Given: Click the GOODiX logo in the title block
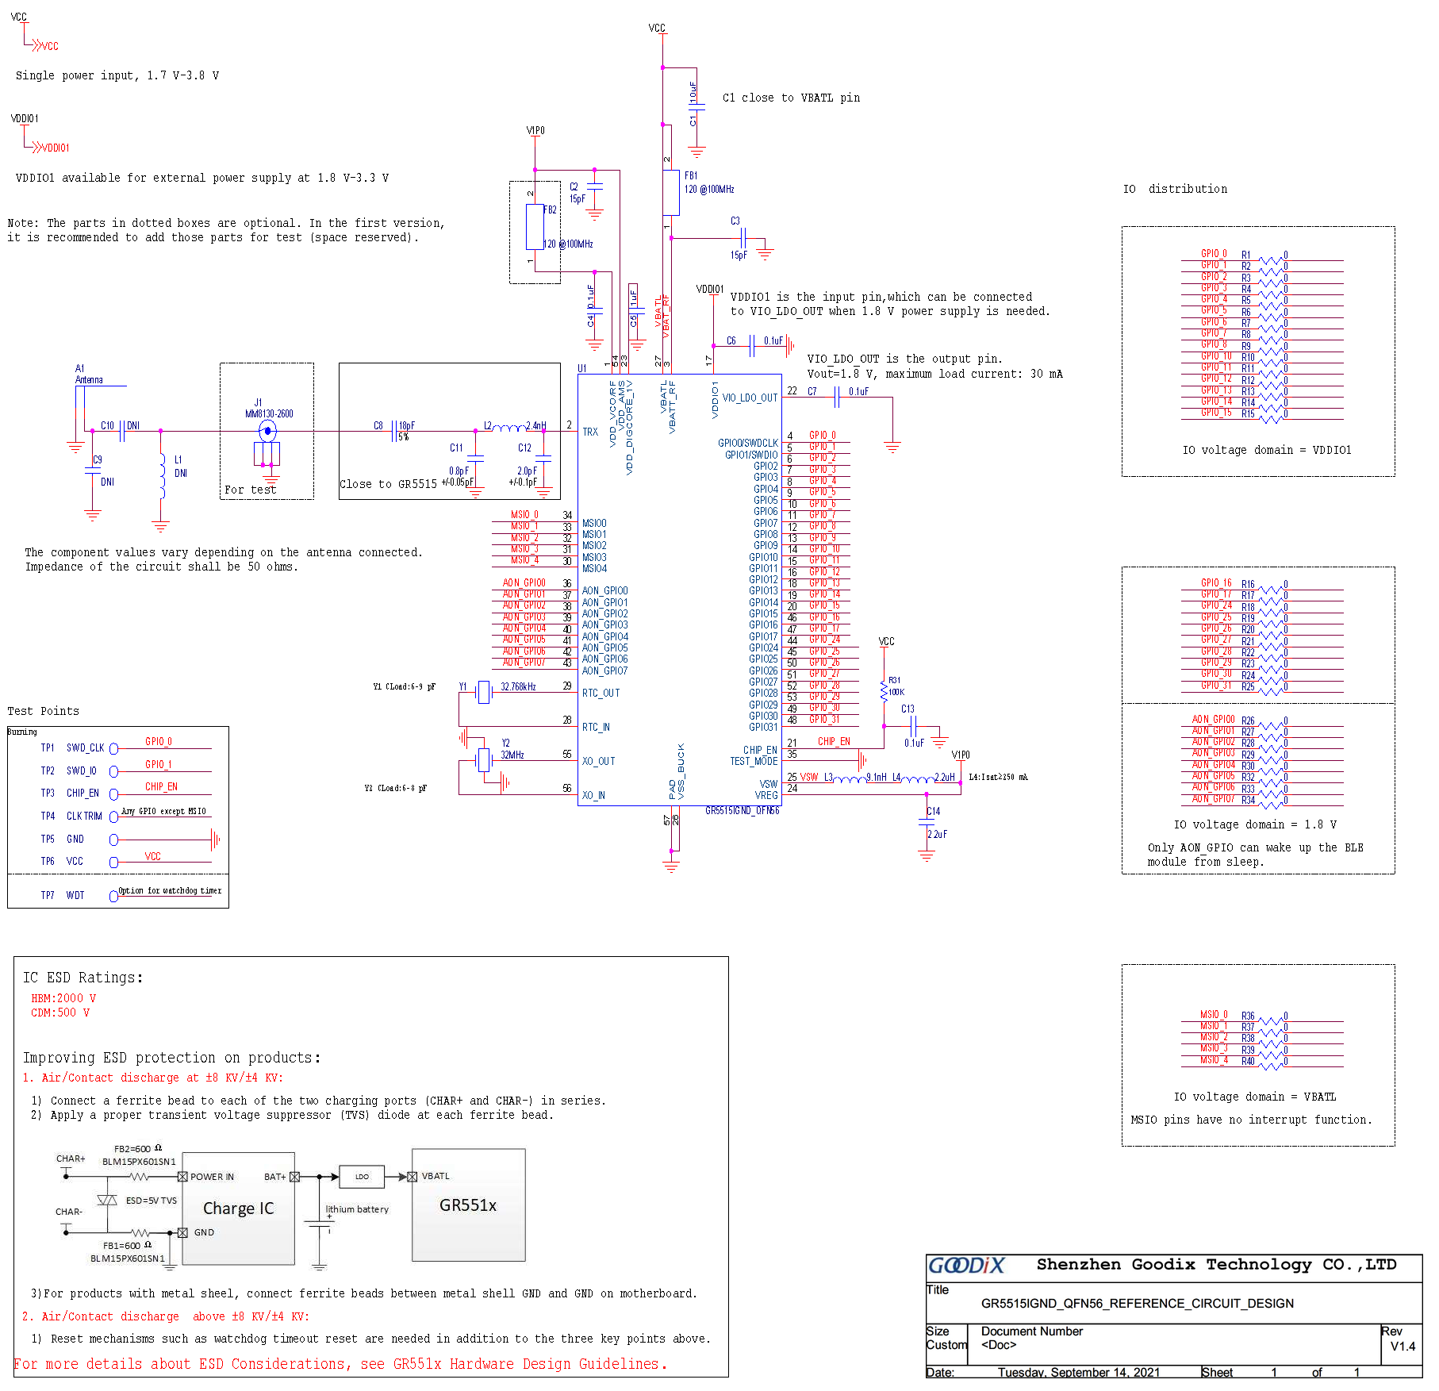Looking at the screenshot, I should point(966,1265).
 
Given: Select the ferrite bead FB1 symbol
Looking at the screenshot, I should point(671,192).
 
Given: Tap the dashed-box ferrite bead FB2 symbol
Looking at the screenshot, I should point(535,226).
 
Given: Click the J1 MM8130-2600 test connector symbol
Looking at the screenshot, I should point(267,432).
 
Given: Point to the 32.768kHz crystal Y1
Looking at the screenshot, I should point(483,692).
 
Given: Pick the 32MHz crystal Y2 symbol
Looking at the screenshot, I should point(483,760).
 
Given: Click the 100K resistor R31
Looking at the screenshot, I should point(884,691).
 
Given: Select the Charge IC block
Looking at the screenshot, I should point(238,1208).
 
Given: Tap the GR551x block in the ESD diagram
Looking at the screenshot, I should point(468,1205).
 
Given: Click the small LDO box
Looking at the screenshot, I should point(362,1177).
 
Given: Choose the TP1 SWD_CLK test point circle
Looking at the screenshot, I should point(113,748).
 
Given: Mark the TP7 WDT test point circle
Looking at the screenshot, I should point(113,896).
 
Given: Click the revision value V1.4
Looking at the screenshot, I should point(1403,1346).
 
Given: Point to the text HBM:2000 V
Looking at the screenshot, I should point(63,998).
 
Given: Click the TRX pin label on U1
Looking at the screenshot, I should point(590,432).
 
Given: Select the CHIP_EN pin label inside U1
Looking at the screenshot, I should point(760,750).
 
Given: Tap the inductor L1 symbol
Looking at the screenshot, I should point(162,476).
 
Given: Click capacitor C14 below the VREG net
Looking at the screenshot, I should point(927,823).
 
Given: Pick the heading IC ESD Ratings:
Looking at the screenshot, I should point(83,978).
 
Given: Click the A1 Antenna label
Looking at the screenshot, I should point(88,375).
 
